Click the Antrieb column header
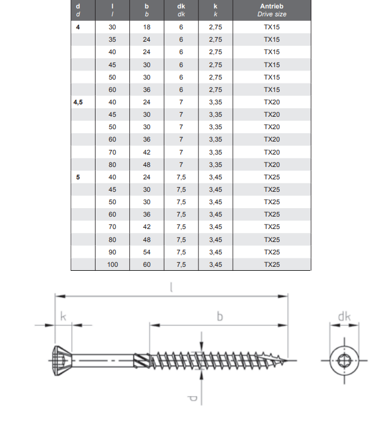[272, 6]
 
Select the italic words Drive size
[272, 14]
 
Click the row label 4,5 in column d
[78, 102]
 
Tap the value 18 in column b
[147, 27]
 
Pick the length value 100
[112, 265]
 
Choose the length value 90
[112, 252]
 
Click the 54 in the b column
[147, 252]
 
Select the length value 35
[112, 39]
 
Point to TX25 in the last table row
[272, 265]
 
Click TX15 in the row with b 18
[272, 27]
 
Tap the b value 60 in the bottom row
[147, 265]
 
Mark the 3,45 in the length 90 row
[215, 252]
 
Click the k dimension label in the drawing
[63, 318]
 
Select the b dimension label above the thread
[219, 317]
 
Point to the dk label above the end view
[344, 317]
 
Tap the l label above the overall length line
[171, 288]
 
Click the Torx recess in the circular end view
[344, 360]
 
